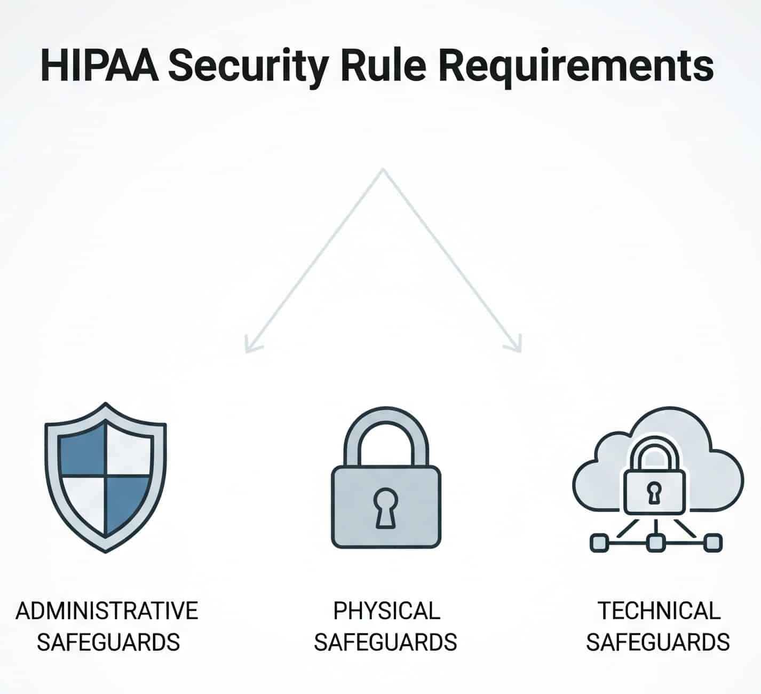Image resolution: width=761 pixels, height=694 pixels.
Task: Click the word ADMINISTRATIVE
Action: (x=107, y=611)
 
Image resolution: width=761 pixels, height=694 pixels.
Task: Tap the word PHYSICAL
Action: (x=386, y=611)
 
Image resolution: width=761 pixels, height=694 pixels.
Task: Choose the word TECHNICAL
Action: (x=659, y=611)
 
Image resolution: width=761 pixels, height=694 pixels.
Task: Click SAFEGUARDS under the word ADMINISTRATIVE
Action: (x=108, y=642)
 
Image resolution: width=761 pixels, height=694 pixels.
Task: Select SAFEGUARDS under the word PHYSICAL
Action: (x=385, y=642)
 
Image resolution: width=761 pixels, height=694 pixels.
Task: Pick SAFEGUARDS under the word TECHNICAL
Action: (x=657, y=642)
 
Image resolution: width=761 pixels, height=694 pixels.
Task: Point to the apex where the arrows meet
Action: (x=383, y=171)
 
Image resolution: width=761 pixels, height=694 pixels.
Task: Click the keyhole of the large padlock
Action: (x=385, y=507)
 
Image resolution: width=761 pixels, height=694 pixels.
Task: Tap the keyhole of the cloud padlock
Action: (x=653, y=492)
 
